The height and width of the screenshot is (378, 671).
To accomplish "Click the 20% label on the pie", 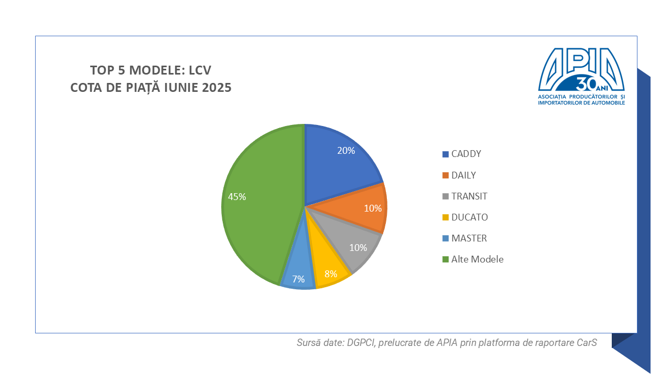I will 346,151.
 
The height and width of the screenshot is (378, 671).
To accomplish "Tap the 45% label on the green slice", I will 237,197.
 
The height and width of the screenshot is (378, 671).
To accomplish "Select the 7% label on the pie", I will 299,279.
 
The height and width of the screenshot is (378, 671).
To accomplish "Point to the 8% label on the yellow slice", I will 331,274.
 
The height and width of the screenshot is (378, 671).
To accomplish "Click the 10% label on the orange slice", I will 373,208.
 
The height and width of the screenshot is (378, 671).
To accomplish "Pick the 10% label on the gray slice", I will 358,248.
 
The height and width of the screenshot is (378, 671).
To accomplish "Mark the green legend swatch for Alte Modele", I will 446,259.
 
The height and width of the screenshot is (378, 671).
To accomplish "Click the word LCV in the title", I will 200,70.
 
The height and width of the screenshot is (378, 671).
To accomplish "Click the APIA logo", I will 581,76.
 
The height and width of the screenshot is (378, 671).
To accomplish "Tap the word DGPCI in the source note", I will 359,343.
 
